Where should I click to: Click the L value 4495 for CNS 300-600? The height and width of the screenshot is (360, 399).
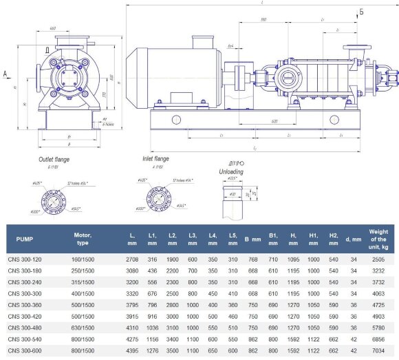point(131,350)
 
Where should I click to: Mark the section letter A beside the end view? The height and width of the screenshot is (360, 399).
point(5,72)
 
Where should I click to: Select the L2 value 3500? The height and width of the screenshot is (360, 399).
point(172,350)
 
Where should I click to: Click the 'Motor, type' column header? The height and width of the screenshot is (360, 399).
point(83,240)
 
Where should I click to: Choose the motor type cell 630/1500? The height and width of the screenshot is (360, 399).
point(83,328)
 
